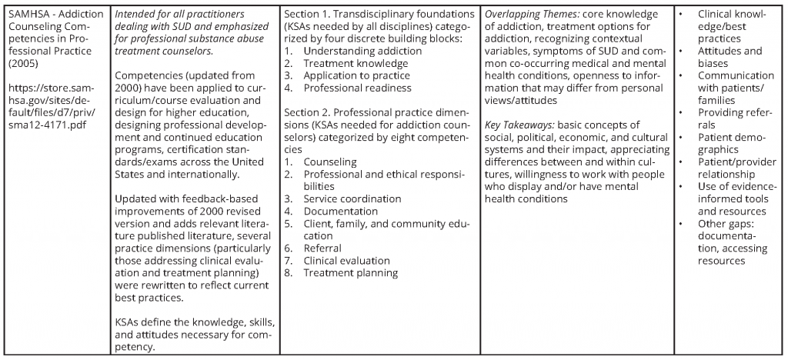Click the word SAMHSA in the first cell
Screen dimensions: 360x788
click(27, 15)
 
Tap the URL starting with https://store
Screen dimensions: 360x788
click(52, 101)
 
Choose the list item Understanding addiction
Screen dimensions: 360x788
click(351, 51)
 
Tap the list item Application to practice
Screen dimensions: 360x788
click(357, 75)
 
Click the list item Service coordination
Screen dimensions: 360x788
click(352, 198)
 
